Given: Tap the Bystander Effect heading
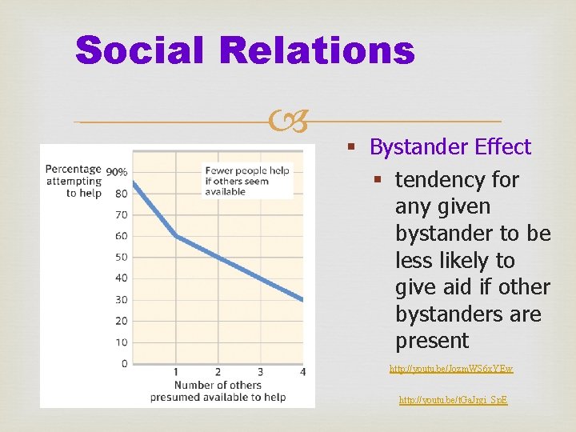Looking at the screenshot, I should (450, 147).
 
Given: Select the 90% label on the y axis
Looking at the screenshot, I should (117, 171).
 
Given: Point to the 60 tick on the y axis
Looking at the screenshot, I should (121, 236).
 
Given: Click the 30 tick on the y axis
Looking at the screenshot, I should (121, 299).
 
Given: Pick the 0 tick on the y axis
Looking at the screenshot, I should (124, 363).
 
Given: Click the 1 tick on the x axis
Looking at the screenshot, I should (176, 372).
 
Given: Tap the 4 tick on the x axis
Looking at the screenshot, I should (302, 372).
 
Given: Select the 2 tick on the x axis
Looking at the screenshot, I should (218, 372).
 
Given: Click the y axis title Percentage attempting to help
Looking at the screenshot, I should (74, 181).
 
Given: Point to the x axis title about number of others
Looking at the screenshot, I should (218, 391).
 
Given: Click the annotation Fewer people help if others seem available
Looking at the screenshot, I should (246, 181).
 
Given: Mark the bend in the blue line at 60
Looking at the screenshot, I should (176, 236).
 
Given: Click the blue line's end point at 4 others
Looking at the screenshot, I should (302, 300).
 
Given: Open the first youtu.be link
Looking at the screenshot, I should (451, 369).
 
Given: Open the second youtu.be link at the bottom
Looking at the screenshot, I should (453, 398).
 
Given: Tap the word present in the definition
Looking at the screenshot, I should (432, 341).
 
